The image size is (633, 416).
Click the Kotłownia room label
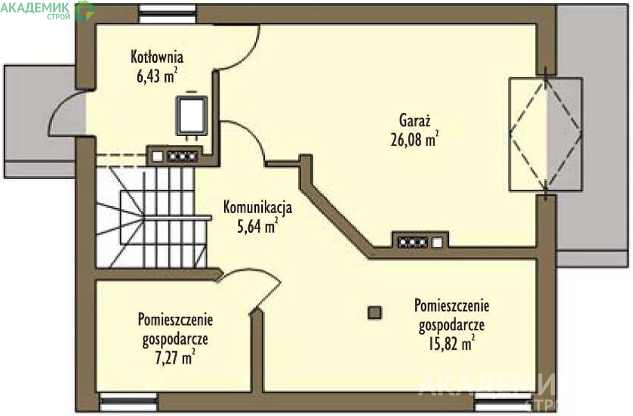[x=157, y=57]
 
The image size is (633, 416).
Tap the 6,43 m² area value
[x=157, y=75]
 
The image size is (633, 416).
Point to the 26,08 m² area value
[x=414, y=139]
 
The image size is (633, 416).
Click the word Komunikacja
[x=258, y=207]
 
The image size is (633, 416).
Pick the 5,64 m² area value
[x=258, y=226]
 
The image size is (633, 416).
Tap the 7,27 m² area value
[x=175, y=358]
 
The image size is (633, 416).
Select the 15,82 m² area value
[x=451, y=343]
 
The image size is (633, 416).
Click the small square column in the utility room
[x=375, y=312]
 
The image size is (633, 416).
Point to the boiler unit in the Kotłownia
[x=191, y=115]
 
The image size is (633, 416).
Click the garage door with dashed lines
[x=545, y=134]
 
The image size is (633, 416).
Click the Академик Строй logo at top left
[x=48, y=11]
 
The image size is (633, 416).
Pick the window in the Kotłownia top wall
[x=168, y=14]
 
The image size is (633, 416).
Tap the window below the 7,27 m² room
[x=128, y=401]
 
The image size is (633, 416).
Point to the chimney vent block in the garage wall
[x=420, y=242]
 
